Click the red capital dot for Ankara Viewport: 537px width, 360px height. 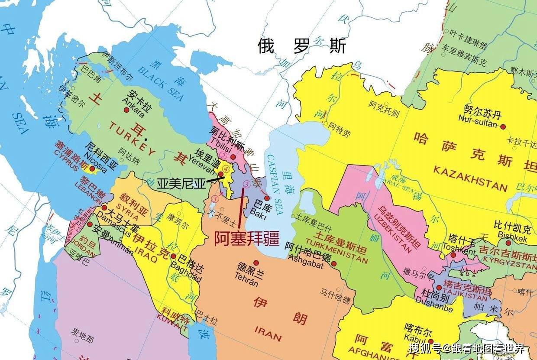coord(126,110)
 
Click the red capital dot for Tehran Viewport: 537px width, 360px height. coord(256,263)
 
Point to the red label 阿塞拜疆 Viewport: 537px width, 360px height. coord(246,239)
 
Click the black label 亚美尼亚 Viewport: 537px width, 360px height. coord(181,183)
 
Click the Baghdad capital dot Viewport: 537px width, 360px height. coord(173,256)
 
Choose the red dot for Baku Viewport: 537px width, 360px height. coord(267,198)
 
